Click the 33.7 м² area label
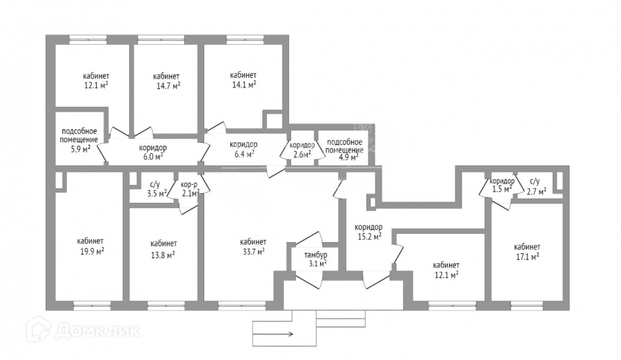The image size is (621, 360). click(x=253, y=247)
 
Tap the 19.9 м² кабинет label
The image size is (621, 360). click(x=90, y=246)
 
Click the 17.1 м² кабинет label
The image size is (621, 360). click(x=526, y=252)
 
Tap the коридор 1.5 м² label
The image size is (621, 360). click(x=502, y=185)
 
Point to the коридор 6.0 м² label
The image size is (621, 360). click(x=152, y=152)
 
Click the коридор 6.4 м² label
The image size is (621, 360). click(x=244, y=149)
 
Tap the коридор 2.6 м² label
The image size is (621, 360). click(x=302, y=150)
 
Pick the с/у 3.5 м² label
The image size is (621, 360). click(x=157, y=189)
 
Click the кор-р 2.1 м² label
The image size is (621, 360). click(x=190, y=189)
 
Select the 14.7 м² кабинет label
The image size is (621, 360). click(x=167, y=81)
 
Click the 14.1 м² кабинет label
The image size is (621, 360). click(x=243, y=80)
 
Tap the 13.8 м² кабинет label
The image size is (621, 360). click(x=163, y=249)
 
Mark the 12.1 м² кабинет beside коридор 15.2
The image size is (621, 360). click(x=446, y=270)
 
